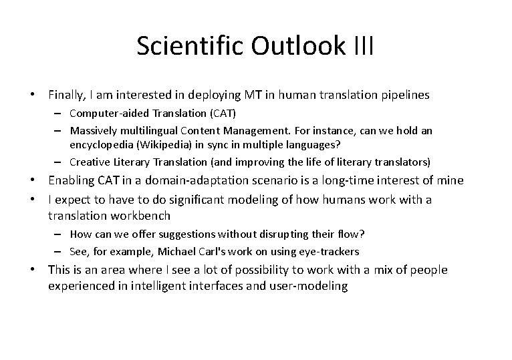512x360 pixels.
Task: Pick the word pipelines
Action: click(406, 96)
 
